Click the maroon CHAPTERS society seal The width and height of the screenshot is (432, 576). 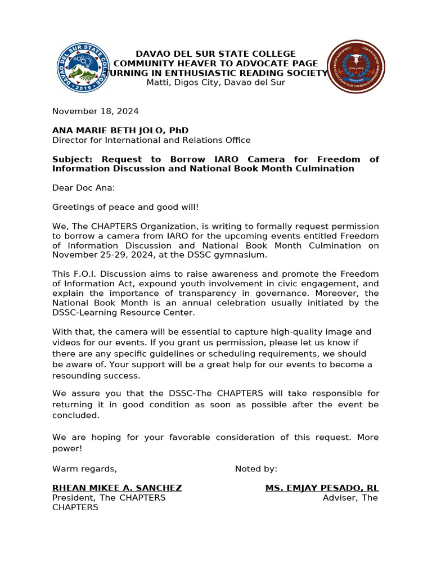coord(356,67)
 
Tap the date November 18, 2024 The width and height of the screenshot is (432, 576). coord(95,111)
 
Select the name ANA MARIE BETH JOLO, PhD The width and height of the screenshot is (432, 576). coord(120,130)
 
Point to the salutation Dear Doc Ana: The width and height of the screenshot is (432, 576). coord(83,188)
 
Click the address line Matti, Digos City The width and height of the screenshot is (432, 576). coord(215,83)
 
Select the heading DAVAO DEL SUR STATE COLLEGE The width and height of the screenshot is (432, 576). coord(215,54)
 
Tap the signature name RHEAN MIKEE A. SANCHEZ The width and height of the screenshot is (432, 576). coord(117,488)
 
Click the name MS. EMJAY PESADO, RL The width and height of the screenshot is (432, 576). coord(322,488)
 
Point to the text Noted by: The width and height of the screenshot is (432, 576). coord(256,469)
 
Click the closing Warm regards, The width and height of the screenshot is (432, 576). coord(84,469)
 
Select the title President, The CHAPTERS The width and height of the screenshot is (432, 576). coord(109,498)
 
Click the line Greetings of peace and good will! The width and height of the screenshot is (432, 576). coord(125,207)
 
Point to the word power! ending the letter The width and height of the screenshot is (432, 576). coord(67,448)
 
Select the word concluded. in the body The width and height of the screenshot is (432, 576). coord(75,415)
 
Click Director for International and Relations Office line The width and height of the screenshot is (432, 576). coord(151,140)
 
